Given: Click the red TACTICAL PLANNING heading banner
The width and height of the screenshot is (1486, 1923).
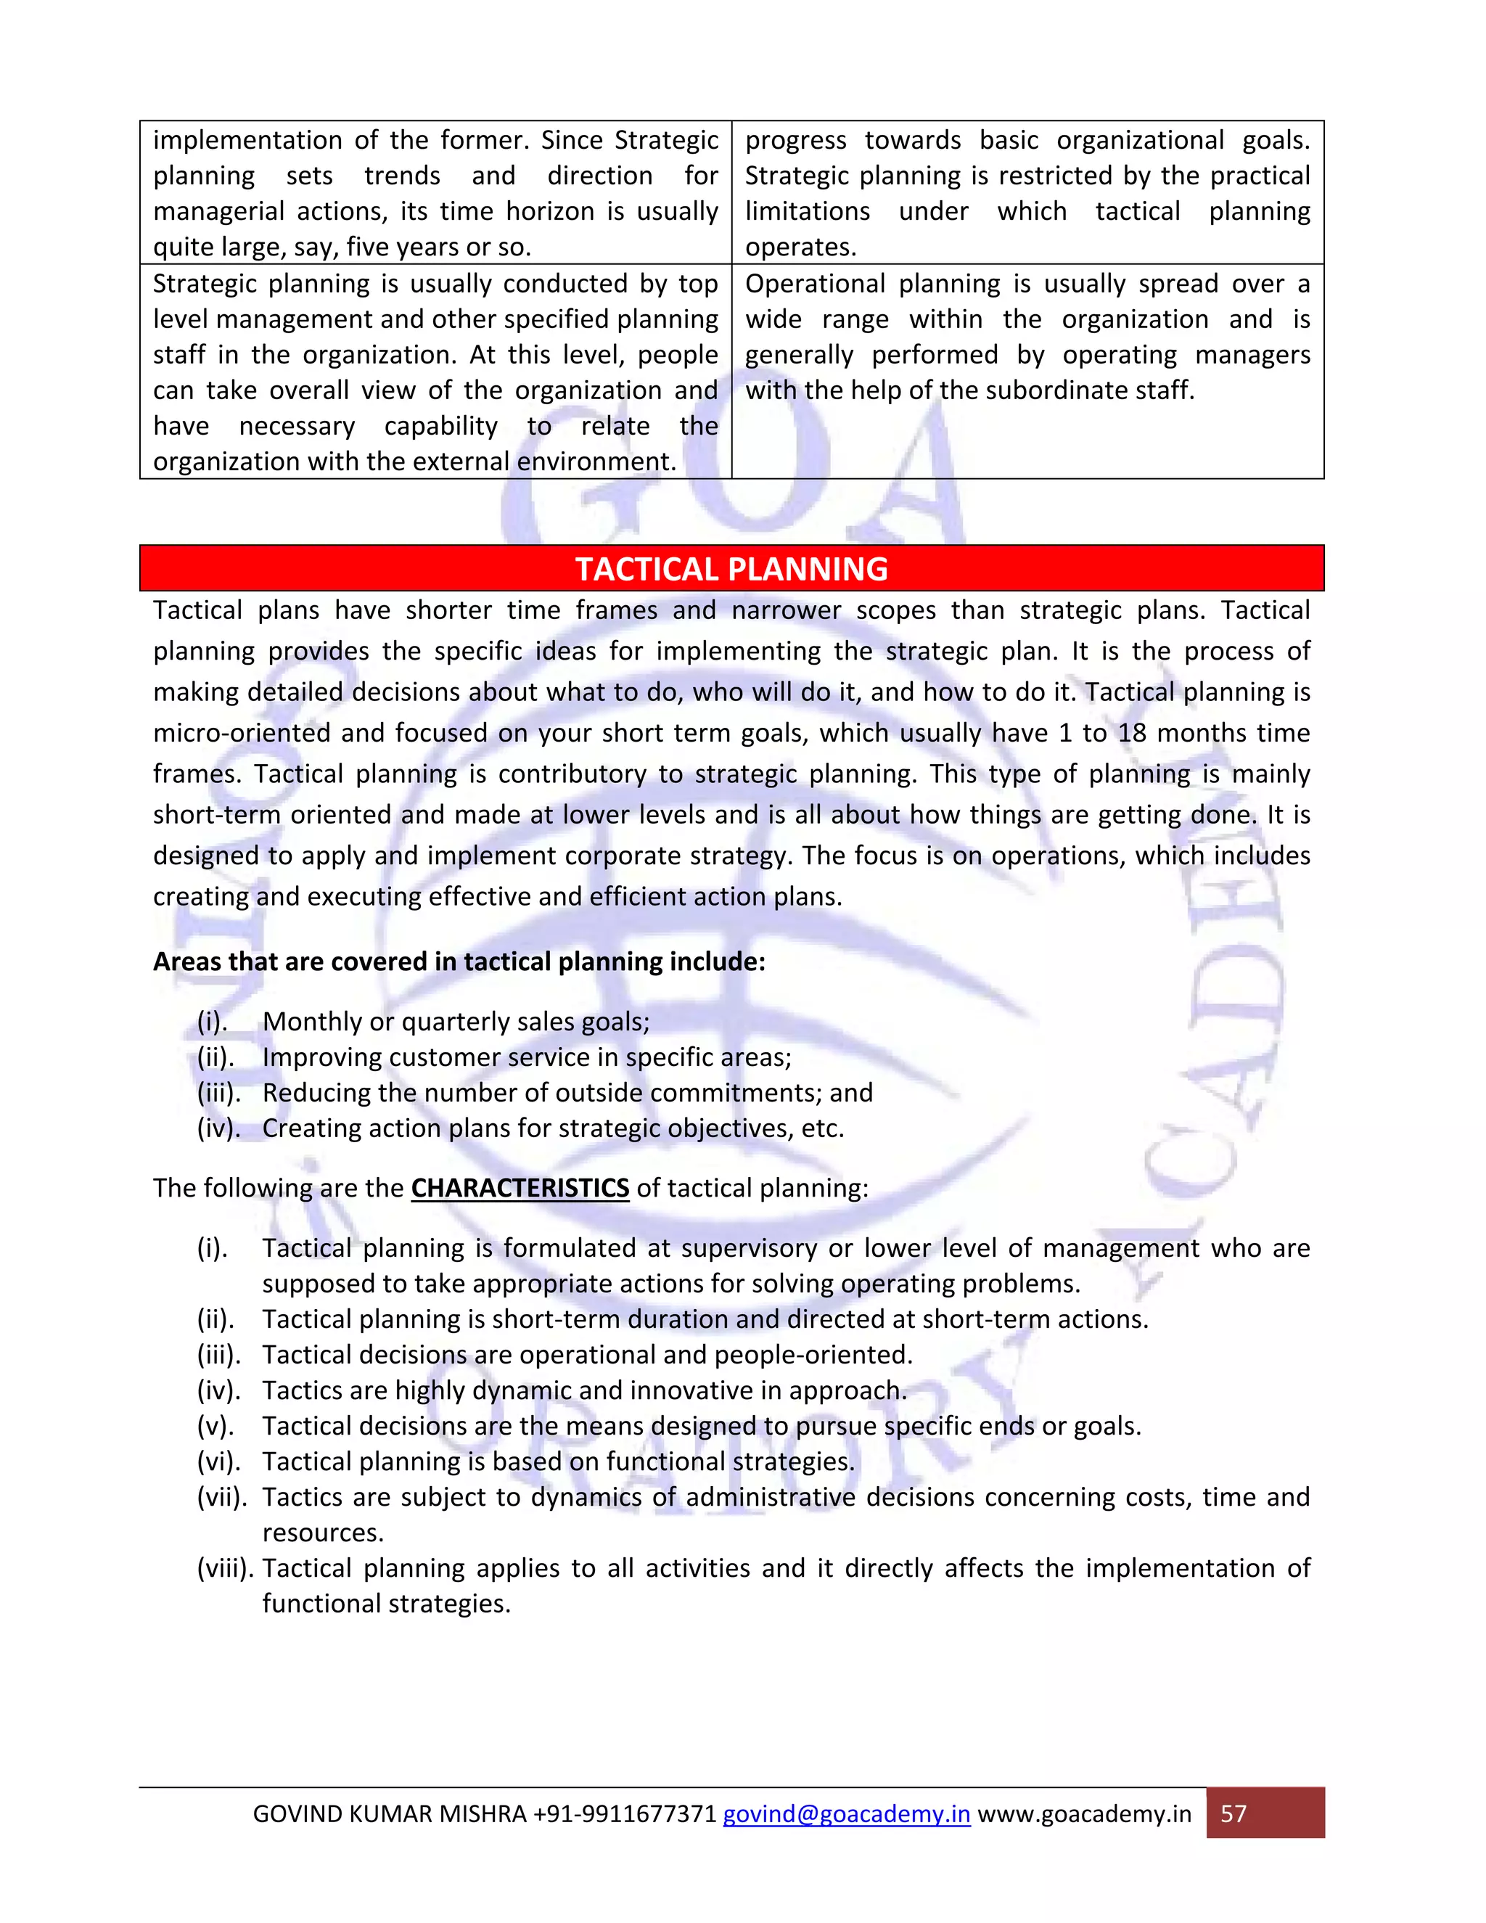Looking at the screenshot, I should click(x=731, y=569).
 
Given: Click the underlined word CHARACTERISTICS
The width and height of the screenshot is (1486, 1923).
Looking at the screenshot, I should click(x=520, y=1188).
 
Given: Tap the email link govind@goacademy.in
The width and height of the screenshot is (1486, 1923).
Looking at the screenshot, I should click(x=846, y=1814).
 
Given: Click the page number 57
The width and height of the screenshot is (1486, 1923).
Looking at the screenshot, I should click(x=1233, y=1814).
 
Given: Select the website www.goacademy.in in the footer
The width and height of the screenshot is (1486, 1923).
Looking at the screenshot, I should click(x=1084, y=1814).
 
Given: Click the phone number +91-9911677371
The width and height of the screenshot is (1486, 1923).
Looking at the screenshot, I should click(x=624, y=1814).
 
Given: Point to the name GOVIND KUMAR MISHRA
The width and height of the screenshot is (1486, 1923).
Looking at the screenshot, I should click(x=388, y=1814).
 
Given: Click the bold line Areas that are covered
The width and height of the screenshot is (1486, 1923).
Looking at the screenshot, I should click(x=459, y=961).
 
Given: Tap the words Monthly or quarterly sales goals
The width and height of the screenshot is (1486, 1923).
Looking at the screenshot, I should click(x=455, y=1022).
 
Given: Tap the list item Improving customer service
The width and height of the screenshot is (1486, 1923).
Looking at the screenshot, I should click(x=527, y=1057).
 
